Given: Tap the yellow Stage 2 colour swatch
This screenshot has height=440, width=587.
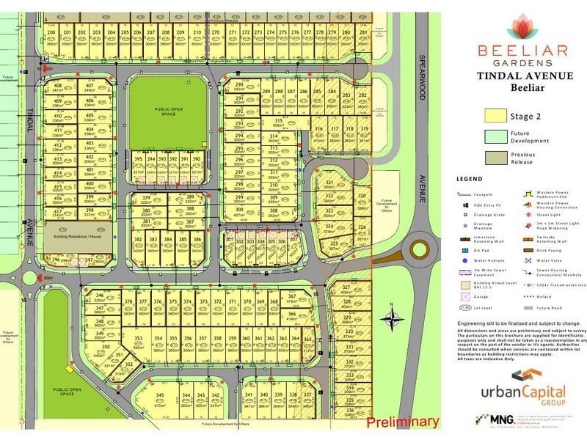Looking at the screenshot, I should pos(496,115).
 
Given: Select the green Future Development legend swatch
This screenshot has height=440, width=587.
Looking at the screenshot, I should pos(496,137).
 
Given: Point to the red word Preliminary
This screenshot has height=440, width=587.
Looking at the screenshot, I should pos(402,422).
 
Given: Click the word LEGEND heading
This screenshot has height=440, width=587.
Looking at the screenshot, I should pos(468,178).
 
